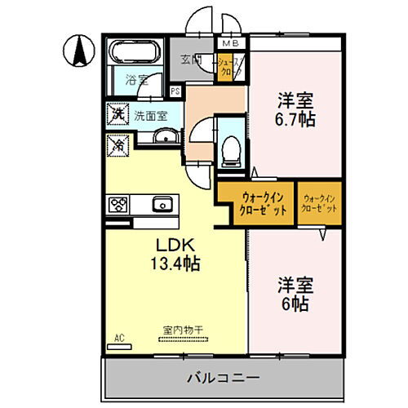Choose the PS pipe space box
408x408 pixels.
pos(175,91)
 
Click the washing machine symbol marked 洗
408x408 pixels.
pos(118,114)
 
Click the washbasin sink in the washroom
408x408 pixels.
pos(166,137)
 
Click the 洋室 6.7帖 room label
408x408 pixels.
pos(295,109)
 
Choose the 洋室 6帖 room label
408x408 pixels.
pos(295,295)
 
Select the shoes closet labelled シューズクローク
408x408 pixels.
pos(227,64)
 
